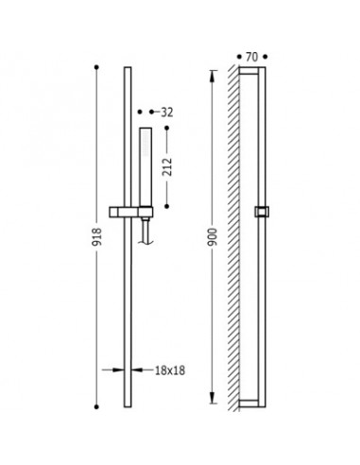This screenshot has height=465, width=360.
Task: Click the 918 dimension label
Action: pyautogui.click(x=96, y=237)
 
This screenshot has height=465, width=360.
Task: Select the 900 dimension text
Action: pyautogui.click(x=213, y=237)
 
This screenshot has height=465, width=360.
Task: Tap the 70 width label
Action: pyautogui.click(x=251, y=57)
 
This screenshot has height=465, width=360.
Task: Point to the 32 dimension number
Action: pyautogui.click(x=167, y=112)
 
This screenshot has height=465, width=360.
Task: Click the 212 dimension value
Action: pyautogui.click(x=168, y=167)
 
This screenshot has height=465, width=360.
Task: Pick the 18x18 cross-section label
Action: pyautogui.click(x=170, y=370)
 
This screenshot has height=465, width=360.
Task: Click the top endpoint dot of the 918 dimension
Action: pyautogui.click(x=96, y=67)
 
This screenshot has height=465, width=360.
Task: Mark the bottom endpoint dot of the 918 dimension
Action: pyautogui.click(x=96, y=406)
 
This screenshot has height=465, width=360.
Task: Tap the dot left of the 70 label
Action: pyautogui.click(x=239, y=57)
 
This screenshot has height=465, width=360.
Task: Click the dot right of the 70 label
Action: pyautogui.click(x=266, y=57)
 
